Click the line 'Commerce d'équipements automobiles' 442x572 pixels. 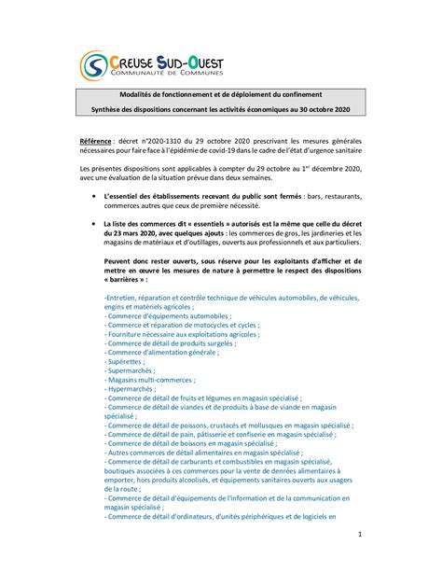(168, 315)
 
